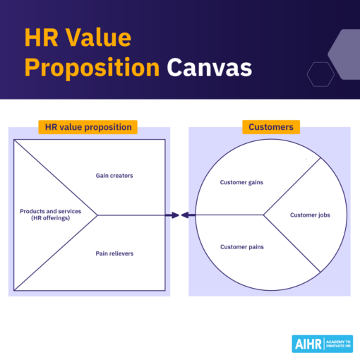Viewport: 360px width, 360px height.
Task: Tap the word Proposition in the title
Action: click(x=92, y=68)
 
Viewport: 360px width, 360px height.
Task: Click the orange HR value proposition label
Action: click(x=88, y=127)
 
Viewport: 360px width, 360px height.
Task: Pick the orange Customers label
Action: click(x=271, y=127)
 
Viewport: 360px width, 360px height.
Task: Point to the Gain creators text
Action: click(x=114, y=175)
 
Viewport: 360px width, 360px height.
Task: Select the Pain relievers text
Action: click(x=114, y=253)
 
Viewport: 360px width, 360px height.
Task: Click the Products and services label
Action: click(x=50, y=211)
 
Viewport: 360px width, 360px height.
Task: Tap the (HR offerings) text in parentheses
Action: click(x=50, y=218)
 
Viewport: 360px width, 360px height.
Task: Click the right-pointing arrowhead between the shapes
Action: click(x=176, y=215)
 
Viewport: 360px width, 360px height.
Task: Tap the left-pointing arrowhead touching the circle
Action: click(x=185, y=215)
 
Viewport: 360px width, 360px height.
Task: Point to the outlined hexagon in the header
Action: click(x=321, y=73)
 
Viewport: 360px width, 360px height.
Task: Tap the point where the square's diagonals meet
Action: click(x=97, y=215)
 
